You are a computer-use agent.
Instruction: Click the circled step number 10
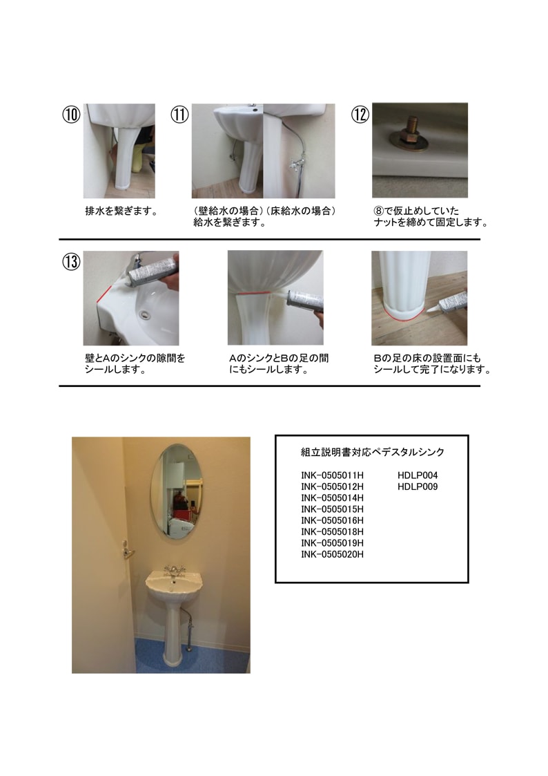[71, 115]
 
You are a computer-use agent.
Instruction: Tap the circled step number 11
[180, 115]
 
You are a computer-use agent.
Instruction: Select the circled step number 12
[360, 115]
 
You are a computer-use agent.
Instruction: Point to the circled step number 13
[71, 262]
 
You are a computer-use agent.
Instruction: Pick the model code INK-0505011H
[332, 475]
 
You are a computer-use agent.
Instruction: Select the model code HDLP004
[418, 475]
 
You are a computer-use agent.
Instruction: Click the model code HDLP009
[418, 487]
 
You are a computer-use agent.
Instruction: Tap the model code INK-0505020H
[332, 555]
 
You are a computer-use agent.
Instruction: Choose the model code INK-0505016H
[332, 520]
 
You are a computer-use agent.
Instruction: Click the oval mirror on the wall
[177, 491]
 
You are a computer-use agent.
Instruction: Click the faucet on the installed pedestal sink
[175, 571]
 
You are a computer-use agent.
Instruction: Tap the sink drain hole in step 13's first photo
[144, 314]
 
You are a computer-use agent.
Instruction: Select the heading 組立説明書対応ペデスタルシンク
[373, 453]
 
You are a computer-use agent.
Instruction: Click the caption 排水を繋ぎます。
[121, 211]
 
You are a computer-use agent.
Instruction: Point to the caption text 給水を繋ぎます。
[230, 223]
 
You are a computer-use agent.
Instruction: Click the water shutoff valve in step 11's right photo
[297, 164]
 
